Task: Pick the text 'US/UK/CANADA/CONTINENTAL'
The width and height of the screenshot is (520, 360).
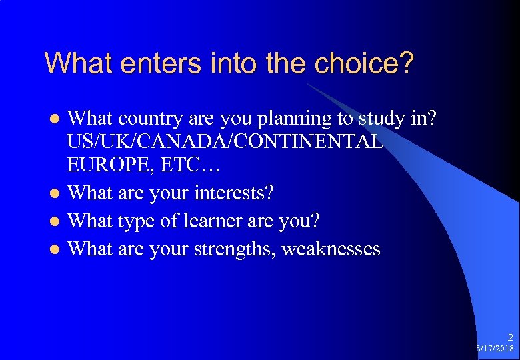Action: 225,141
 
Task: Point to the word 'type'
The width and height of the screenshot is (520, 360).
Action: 136,220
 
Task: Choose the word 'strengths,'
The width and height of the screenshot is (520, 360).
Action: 235,249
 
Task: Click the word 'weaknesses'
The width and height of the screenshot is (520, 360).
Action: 331,249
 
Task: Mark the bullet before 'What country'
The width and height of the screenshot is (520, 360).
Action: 57,119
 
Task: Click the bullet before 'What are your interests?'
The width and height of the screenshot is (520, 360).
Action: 57,193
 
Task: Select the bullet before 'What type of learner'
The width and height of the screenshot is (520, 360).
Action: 57,221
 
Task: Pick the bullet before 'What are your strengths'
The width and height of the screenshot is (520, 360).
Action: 57,250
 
